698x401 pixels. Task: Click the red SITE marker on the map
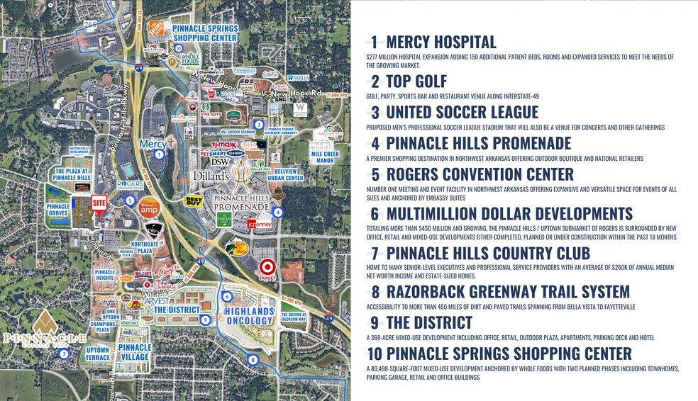[99, 202]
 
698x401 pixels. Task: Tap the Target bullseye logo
[267, 268]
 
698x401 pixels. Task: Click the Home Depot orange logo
[156, 28]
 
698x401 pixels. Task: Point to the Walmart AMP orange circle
[149, 208]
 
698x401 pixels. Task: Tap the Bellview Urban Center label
[289, 174]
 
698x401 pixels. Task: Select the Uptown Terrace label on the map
[98, 354]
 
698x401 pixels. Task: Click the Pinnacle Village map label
[134, 352]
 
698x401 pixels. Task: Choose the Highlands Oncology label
[248, 316]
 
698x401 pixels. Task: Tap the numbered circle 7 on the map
[64, 354]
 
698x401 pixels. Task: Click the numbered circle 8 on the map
[253, 360]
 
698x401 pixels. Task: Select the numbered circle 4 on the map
[277, 212]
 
